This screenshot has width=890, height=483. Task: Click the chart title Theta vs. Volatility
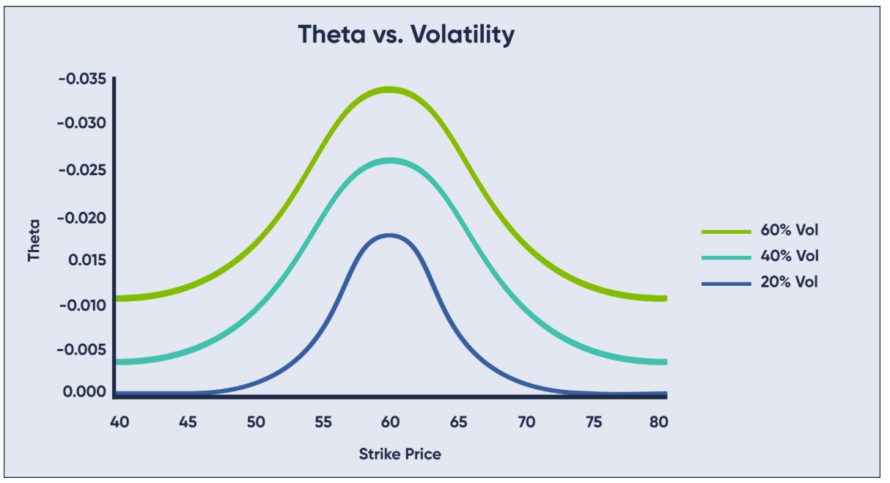(406, 34)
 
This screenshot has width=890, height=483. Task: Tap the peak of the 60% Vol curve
(389, 90)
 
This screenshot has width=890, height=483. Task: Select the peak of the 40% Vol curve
(389, 161)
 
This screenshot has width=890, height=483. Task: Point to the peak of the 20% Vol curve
(389, 236)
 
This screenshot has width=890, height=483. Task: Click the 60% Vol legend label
(789, 230)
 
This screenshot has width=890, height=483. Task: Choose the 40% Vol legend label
(789, 256)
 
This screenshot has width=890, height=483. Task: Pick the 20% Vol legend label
(789, 282)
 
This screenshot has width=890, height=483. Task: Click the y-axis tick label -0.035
(82, 78)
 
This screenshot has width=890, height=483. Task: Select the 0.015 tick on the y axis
(85, 260)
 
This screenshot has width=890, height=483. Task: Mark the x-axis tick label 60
(389, 422)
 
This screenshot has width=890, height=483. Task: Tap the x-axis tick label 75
(595, 422)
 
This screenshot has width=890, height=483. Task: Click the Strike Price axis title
(400, 454)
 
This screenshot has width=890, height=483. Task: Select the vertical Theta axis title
(34, 239)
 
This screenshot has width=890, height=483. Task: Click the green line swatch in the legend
(726, 231)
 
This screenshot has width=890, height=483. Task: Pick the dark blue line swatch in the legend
(726, 283)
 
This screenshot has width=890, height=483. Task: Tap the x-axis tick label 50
(255, 422)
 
